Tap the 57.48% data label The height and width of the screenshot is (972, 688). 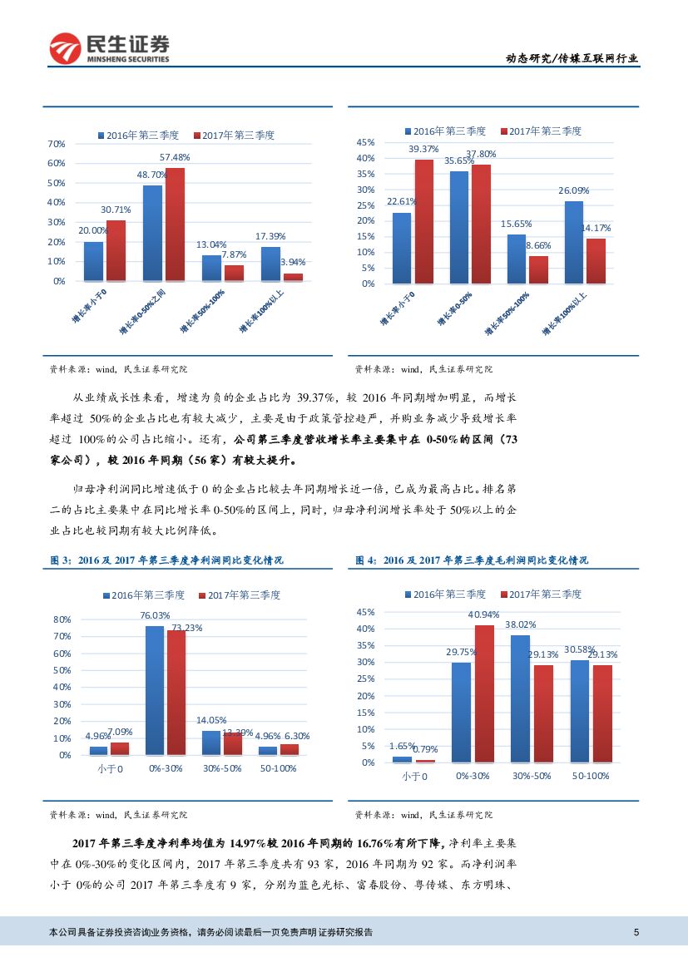[175, 157]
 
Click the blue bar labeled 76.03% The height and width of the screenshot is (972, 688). [155, 690]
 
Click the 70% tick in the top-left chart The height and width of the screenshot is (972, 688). [57, 144]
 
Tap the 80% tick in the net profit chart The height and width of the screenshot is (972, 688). [62, 619]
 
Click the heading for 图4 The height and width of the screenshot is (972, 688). [472, 561]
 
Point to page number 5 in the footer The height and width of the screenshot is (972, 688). [636, 932]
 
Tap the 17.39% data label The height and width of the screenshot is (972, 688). [270, 237]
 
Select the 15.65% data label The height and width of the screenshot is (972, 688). [516, 224]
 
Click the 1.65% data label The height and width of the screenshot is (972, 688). [402, 746]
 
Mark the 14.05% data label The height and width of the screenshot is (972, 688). [211, 720]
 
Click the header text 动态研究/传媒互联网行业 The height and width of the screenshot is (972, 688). [572, 58]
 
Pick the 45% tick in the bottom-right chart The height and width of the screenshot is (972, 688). [366, 612]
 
